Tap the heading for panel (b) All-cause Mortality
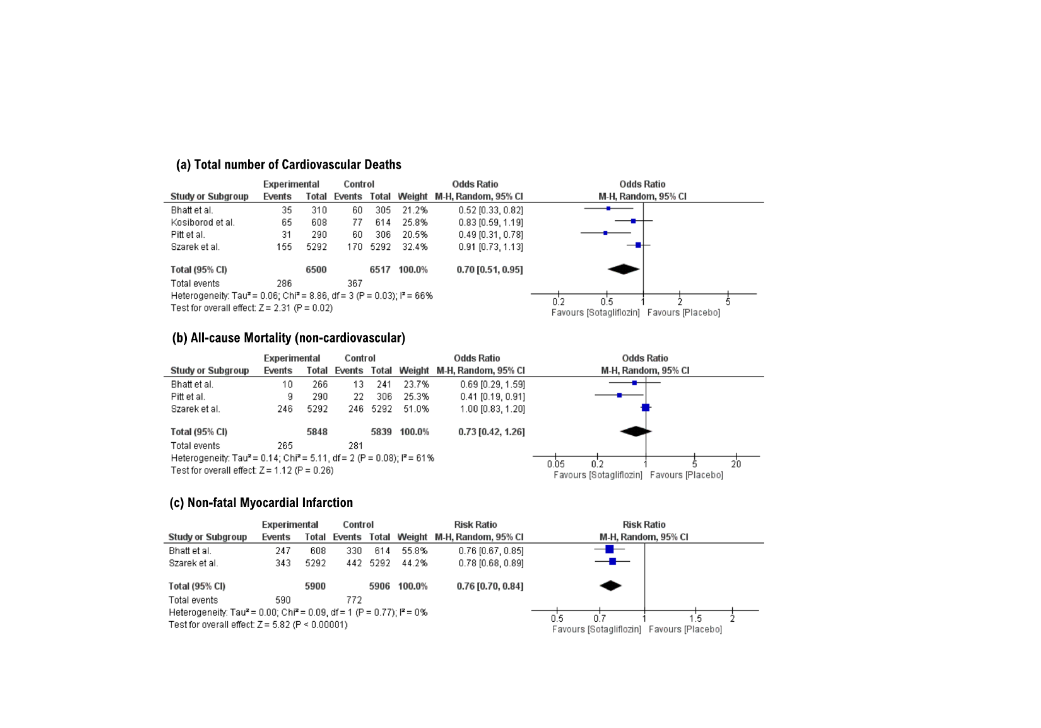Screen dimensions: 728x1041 288,338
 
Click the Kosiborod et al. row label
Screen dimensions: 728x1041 202,222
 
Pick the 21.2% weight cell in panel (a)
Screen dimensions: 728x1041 414,210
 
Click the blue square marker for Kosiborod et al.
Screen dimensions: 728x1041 633,221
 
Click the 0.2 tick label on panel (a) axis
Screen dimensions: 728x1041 558,302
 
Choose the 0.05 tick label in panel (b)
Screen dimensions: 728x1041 555,464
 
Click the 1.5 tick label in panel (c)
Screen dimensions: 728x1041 695,619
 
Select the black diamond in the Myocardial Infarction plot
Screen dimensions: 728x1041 610,586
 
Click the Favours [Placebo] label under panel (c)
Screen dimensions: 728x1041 685,630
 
